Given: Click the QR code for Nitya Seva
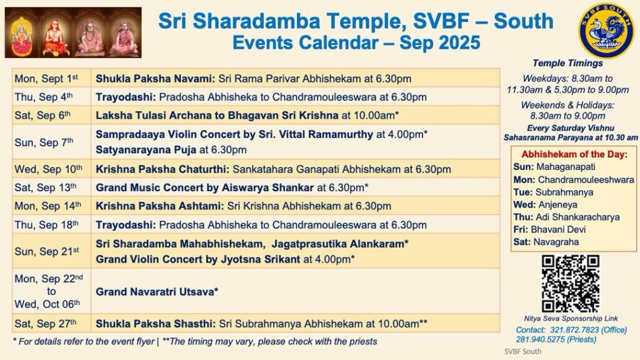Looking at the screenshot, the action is coord(570,284).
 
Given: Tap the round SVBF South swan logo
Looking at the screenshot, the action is coord(606,31).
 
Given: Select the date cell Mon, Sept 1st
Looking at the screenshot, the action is coord(51,78).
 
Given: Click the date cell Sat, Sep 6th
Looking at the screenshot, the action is coord(51,115).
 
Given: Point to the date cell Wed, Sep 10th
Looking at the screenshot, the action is coord(51,169).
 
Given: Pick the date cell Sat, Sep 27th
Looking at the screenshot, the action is coord(51,324).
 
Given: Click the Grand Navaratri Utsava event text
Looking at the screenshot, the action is coord(157,292).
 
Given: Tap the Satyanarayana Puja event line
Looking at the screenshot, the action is coord(171,150).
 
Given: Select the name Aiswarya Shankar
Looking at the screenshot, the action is coord(267,187).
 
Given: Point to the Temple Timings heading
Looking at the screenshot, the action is coord(567,63).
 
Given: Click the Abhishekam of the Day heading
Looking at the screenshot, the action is coord(574,154).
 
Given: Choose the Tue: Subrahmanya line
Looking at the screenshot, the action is coord(553,192).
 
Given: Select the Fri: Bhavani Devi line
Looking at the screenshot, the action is coord(549,229).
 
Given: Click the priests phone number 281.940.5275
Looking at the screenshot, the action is coord(541,339).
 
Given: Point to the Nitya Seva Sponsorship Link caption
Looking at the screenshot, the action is coord(571,318).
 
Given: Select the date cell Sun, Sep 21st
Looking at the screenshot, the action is coord(51,251).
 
